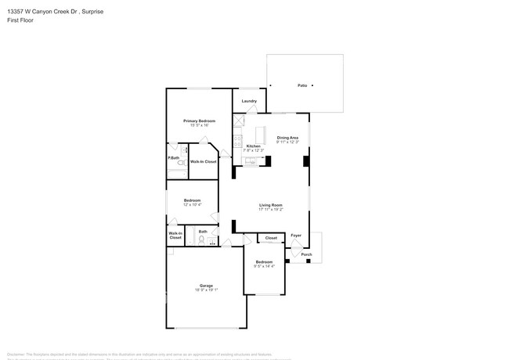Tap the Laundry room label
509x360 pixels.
(249, 101)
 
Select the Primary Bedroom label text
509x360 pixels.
(199, 121)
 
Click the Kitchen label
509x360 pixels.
(253, 146)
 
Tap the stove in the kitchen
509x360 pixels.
(237, 141)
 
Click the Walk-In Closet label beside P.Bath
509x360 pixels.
(203, 161)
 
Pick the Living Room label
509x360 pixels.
(270, 205)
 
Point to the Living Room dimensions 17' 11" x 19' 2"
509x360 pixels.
(270, 210)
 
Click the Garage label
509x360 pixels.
(205, 286)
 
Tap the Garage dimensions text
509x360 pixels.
(205, 290)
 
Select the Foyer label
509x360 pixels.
(296, 235)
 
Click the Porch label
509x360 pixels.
(307, 254)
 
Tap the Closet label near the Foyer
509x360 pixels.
(271, 238)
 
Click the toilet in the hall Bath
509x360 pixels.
(200, 243)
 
